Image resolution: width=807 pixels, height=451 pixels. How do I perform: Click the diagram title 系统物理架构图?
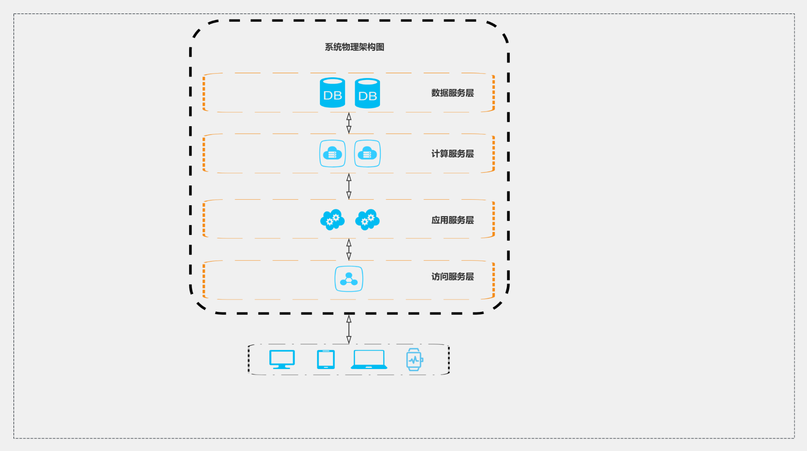coord(354,47)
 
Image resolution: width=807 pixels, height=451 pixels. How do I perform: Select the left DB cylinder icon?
coord(332,93)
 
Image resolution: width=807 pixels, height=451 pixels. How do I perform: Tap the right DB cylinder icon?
coord(367,93)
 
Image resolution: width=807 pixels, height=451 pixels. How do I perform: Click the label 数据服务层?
coord(452,93)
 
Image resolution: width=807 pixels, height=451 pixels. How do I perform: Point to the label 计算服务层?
coord(452,154)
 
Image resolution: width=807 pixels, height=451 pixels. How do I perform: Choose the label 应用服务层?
coord(452,220)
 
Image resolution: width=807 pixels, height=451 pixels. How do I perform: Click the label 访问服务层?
coord(452,277)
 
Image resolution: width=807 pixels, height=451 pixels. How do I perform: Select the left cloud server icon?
coord(332,153)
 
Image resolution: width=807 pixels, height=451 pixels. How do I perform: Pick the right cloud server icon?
coord(367,153)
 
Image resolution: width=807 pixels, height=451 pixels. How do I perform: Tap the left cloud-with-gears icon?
coord(332,220)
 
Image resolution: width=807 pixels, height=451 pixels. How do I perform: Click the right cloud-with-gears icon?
coord(367,220)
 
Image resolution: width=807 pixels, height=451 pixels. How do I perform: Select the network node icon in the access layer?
coord(349,279)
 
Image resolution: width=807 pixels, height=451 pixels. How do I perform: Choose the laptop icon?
coord(369,360)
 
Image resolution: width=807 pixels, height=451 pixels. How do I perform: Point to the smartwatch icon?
coord(414,360)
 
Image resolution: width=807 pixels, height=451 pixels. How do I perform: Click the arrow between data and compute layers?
coord(349,123)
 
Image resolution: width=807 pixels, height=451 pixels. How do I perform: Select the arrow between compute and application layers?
coord(349,186)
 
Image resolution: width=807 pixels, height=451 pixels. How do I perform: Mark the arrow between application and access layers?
coord(349,250)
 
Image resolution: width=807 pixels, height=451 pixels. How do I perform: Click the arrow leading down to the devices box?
coord(349,330)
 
